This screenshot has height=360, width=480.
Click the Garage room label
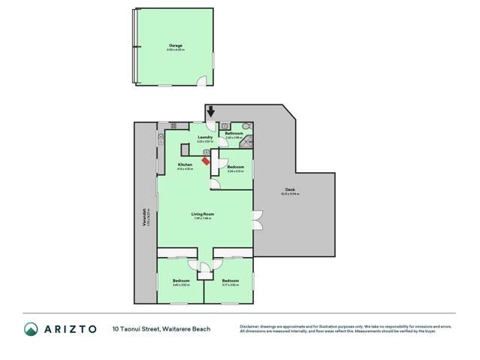[175, 47]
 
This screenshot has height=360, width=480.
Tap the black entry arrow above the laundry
[211, 111]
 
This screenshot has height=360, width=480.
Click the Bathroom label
[233, 134]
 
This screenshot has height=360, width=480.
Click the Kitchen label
[184, 165]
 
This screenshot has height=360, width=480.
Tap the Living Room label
[204, 215]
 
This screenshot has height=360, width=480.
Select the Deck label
[289, 189]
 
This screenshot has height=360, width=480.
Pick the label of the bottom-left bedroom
[181, 281]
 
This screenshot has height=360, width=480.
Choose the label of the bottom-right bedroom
[229, 281]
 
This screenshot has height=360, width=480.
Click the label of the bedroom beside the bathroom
[235, 168]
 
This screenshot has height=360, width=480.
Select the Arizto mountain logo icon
[31, 329]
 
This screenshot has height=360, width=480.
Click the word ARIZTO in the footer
[69, 329]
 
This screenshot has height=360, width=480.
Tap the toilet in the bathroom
[249, 126]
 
